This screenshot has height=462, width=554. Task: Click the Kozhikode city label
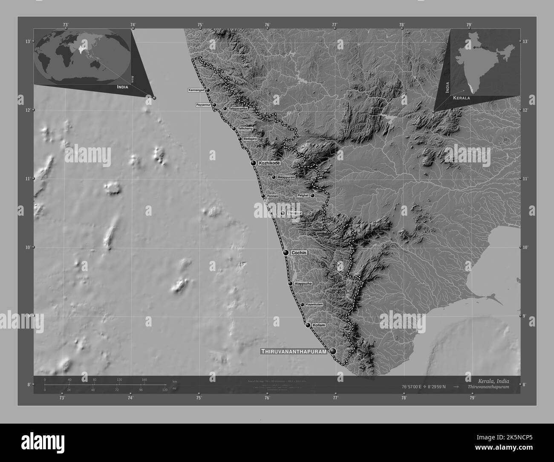(x=269, y=163)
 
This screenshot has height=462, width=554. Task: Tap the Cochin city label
(x=299, y=253)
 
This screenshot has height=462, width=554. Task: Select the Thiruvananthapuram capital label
(x=294, y=352)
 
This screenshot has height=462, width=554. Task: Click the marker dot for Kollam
(x=308, y=325)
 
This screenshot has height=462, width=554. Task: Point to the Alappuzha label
(x=303, y=283)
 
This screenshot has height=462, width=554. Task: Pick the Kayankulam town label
(x=315, y=304)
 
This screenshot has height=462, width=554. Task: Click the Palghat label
(x=303, y=196)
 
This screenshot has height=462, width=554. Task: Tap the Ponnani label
(x=273, y=196)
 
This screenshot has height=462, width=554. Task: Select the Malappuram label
(x=286, y=177)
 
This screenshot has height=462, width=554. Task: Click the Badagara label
(x=250, y=139)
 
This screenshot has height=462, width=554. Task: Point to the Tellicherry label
(x=245, y=128)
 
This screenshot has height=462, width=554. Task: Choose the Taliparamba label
(x=238, y=109)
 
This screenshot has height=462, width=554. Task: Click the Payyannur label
(x=203, y=105)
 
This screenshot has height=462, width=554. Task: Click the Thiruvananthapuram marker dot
(x=332, y=351)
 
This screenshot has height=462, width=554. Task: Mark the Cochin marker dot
(x=286, y=253)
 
